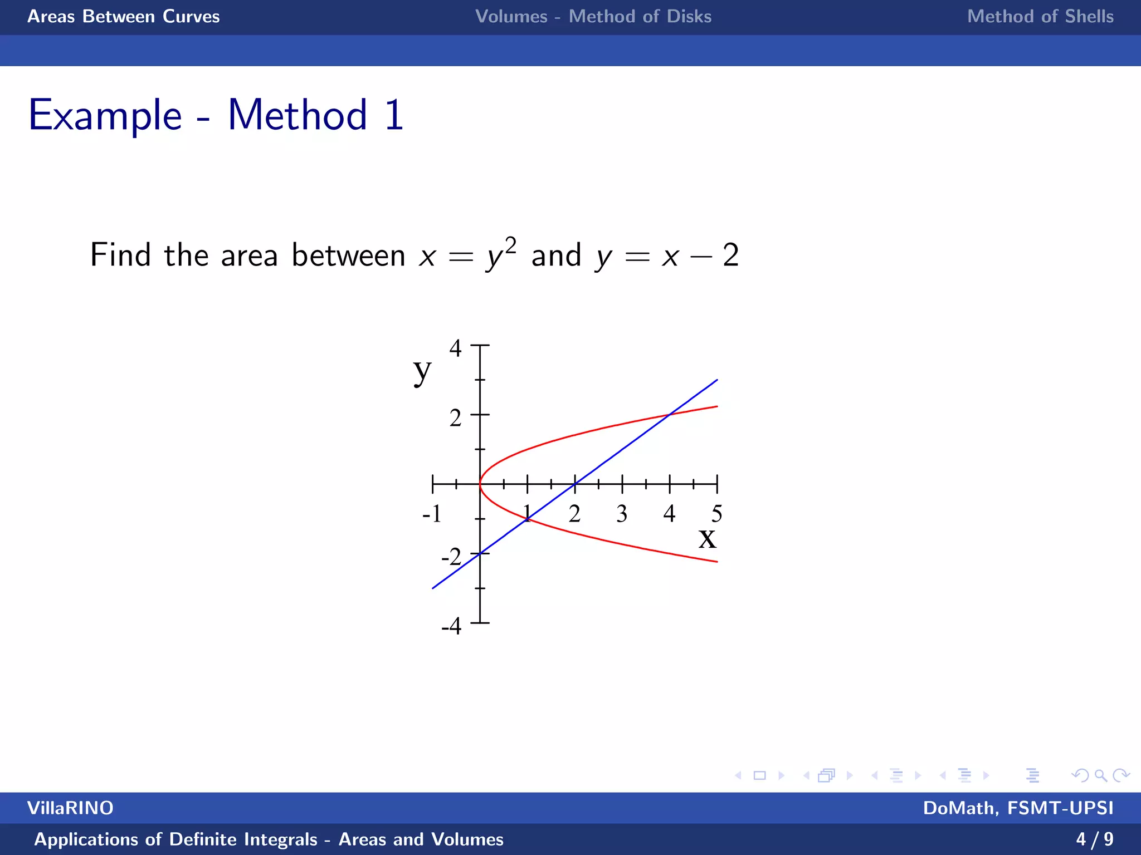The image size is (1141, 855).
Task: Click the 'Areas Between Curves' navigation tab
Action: (124, 17)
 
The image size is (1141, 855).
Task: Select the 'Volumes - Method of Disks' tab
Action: (593, 17)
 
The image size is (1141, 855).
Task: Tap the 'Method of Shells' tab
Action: (1040, 17)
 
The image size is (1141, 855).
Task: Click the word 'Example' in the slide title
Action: (105, 116)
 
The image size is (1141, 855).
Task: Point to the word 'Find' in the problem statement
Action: (120, 255)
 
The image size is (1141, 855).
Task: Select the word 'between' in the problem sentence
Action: (348, 255)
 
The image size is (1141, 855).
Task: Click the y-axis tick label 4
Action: (456, 348)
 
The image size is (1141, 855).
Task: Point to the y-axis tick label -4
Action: (451, 626)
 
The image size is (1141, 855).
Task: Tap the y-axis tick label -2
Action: (451, 557)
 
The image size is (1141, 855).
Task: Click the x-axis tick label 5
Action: (717, 513)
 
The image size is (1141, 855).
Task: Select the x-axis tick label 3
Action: (622, 513)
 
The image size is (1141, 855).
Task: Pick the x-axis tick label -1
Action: (432, 513)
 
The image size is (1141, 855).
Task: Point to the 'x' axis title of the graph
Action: (708, 538)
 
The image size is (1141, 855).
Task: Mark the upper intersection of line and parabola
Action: (670, 415)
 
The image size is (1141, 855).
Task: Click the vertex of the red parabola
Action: (480, 484)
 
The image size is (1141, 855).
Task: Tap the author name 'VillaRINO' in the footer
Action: (70, 808)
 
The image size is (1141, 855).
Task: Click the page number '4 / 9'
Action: (1095, 839)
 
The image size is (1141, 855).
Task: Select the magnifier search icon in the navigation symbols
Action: (1100, 775)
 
